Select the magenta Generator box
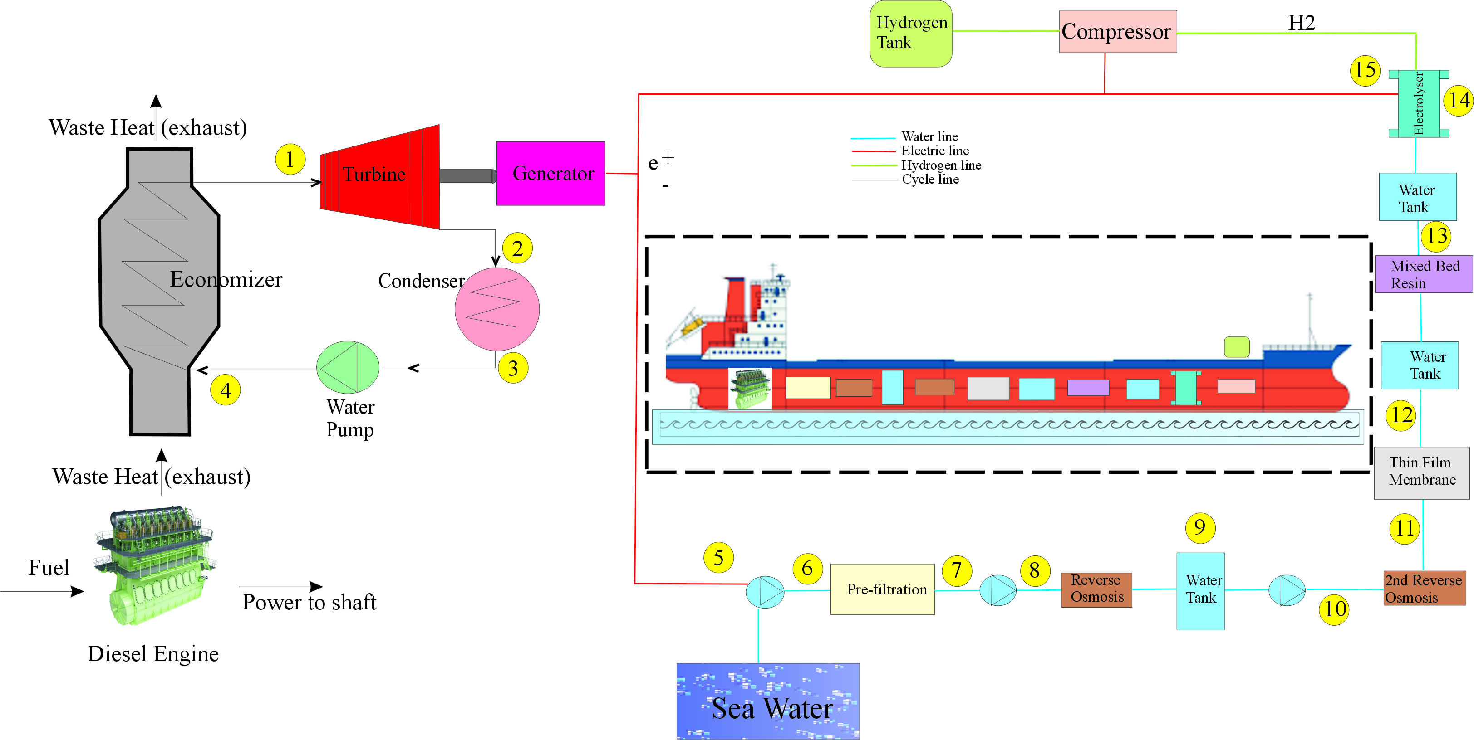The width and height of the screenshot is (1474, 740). click(550, 173)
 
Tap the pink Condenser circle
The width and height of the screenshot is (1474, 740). click(496, 309)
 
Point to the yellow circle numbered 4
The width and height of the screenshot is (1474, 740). click(226, 390)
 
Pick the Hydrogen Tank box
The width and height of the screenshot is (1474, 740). click(910, 34)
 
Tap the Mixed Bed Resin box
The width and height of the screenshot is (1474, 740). click(1423, 274)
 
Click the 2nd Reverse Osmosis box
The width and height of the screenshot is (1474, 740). click(1424, 589)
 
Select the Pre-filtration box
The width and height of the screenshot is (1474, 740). click(882, 589)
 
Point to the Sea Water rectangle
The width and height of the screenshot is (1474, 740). click(767, 701)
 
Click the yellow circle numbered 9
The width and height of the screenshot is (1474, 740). click(1200, 527)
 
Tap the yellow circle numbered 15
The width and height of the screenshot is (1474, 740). click(1365, 70)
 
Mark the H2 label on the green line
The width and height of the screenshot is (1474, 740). click(1301, 23)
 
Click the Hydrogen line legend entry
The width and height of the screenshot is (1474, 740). click(940, 165)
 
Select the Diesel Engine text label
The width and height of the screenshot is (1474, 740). click(153, 654)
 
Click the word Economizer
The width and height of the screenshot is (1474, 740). click(226, 280)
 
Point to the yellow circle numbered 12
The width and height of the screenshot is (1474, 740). click(1401, 415)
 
